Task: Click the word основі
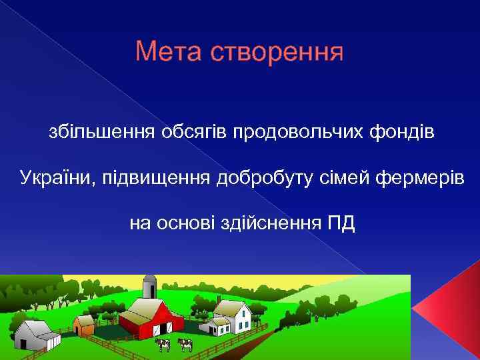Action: [x=187, y=222]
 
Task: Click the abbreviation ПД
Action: [x=341, y=222]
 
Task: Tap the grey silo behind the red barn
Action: [x=149, y=287]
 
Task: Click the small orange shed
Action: [x=85, y=325]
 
